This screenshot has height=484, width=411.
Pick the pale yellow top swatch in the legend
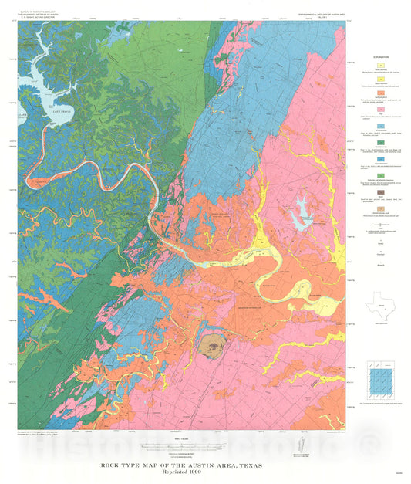[x=380, y=66]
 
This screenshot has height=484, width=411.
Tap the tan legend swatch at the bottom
[x=380, y=209]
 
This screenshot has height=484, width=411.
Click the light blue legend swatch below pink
[x=380, y=127]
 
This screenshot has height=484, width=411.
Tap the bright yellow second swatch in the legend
[x=380, y=80]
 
